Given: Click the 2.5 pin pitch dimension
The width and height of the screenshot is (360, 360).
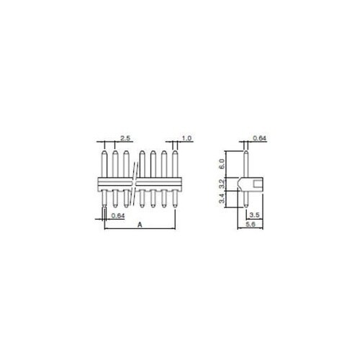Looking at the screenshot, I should (x=125, y=137).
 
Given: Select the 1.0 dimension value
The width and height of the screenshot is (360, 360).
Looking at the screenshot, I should (x=186, y=137).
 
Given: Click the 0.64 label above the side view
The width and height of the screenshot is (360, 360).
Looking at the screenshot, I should (x=261, y=138).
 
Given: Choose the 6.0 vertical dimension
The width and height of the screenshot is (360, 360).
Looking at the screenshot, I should (x=222, y=162).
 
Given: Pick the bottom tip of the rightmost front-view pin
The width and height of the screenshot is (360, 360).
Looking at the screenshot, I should (x=176, y=207).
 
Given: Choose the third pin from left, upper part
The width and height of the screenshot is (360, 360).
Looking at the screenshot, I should (x=127, y=162).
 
